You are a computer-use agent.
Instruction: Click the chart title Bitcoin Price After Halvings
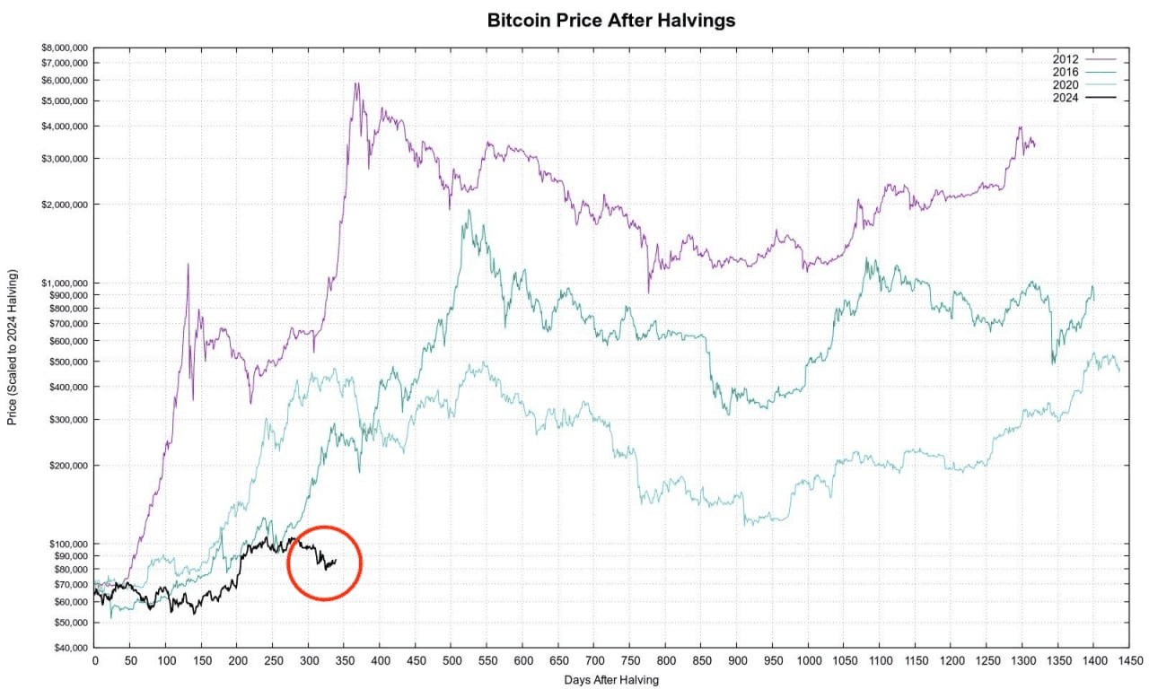click(610, 20)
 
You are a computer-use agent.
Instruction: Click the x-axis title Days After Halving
click(611, 680)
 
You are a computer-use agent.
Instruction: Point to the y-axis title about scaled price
click(13, 353)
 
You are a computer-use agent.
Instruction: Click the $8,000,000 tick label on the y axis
click(64, 48)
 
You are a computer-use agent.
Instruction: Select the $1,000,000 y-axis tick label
click(64, 283)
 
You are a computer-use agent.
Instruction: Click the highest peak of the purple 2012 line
click(356, 83)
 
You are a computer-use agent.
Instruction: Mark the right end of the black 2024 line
click(336, 561)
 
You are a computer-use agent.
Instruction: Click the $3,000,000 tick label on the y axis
click(64, 159)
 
